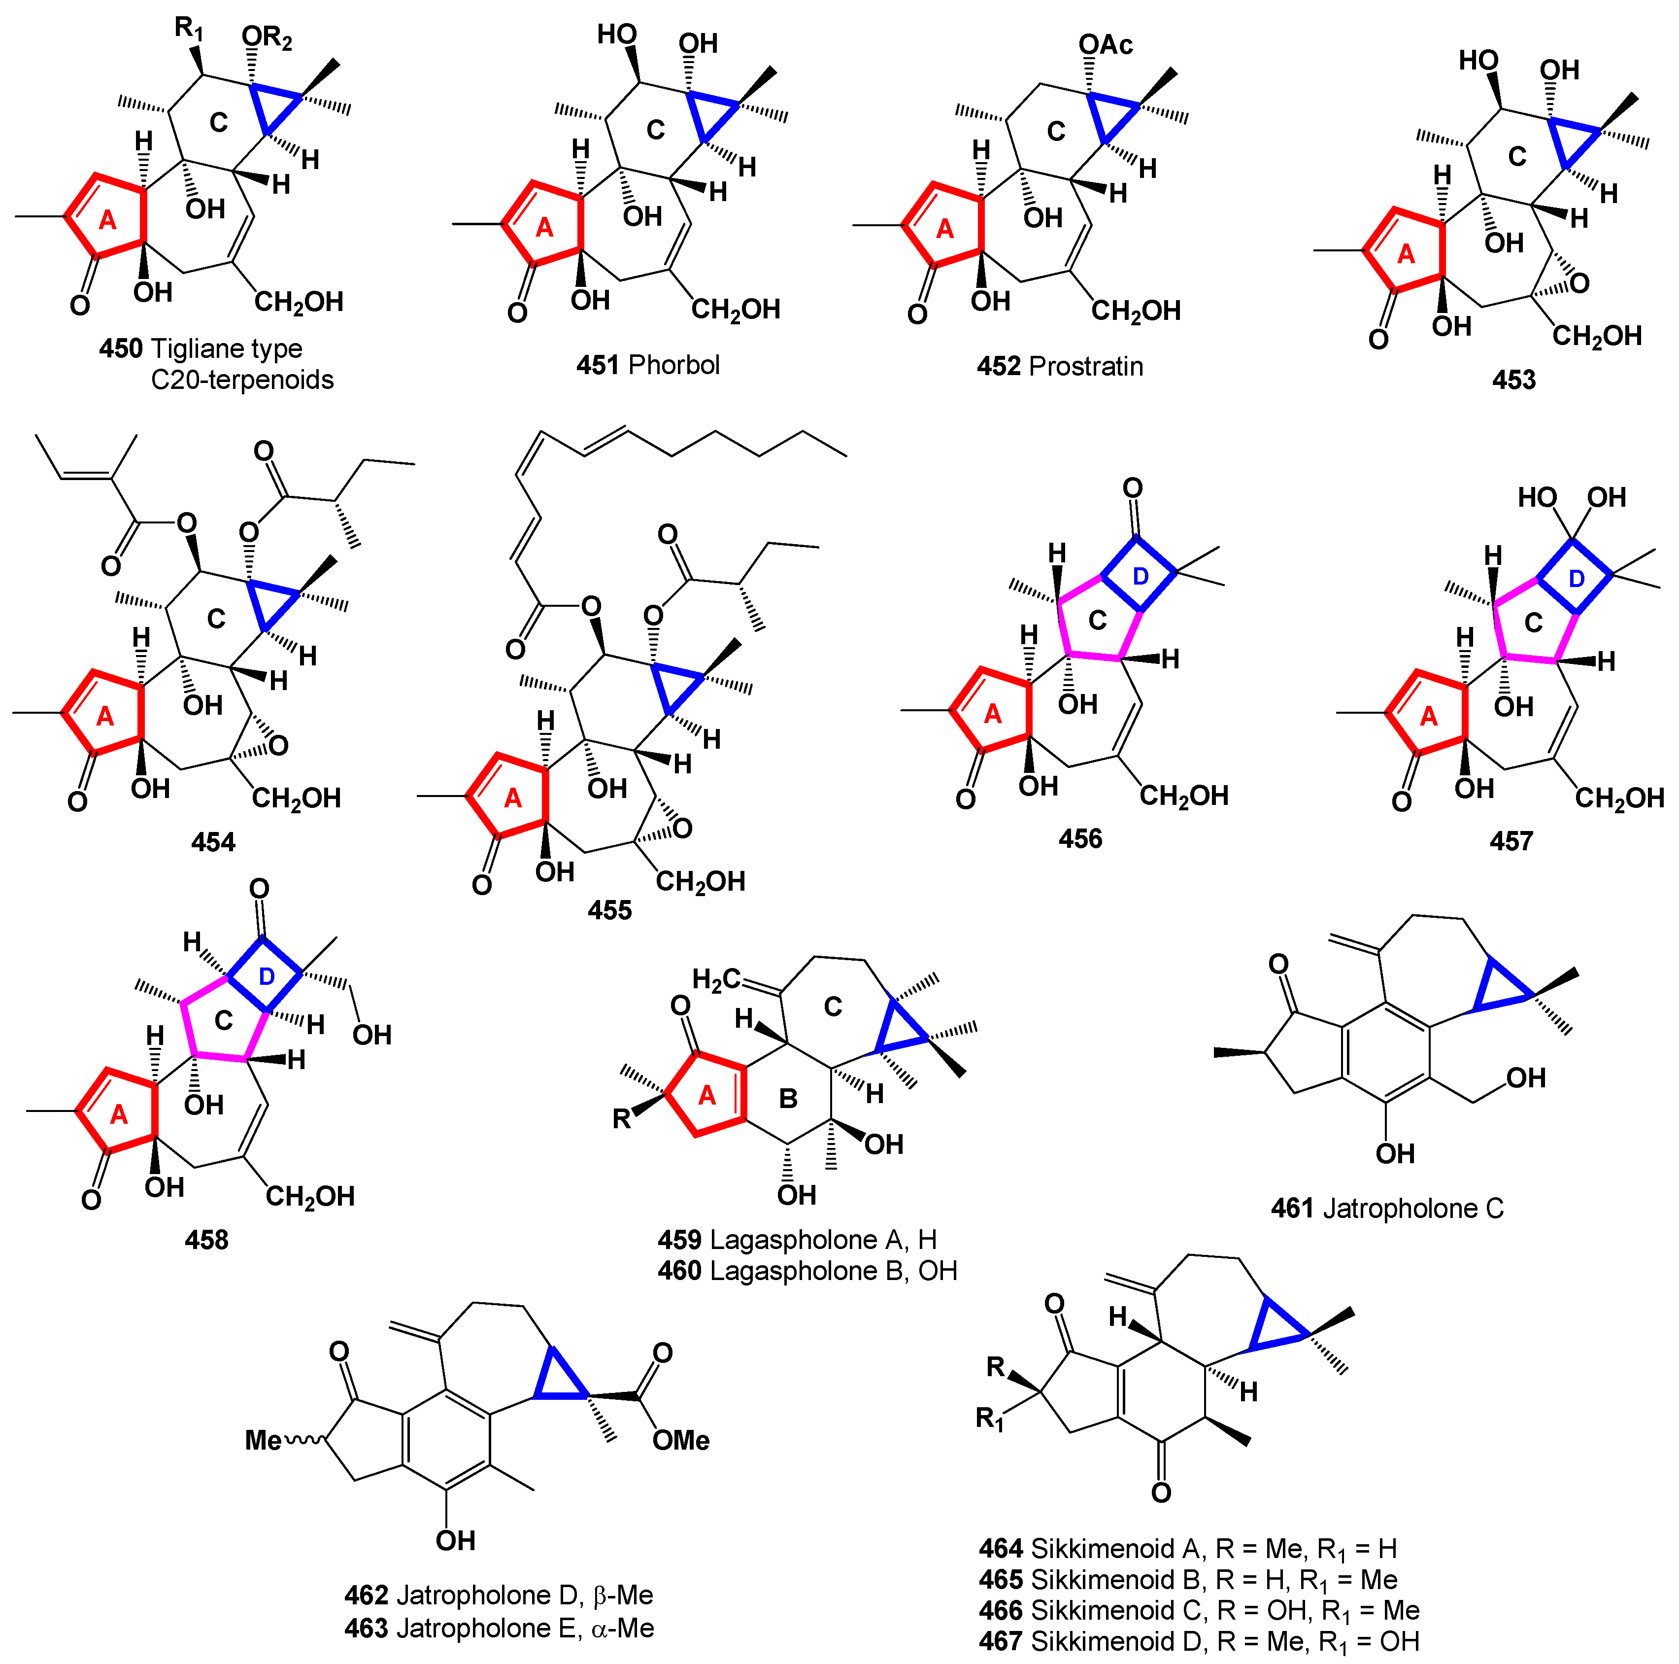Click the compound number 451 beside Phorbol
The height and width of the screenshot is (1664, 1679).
tap(599, 365)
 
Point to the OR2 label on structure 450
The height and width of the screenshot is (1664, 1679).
tap(267, 38)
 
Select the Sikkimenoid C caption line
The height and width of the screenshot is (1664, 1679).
tap(1199, 1611)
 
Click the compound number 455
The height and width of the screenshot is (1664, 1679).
tap(609, 910)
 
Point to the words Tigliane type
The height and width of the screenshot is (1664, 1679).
tap(227, 348)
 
